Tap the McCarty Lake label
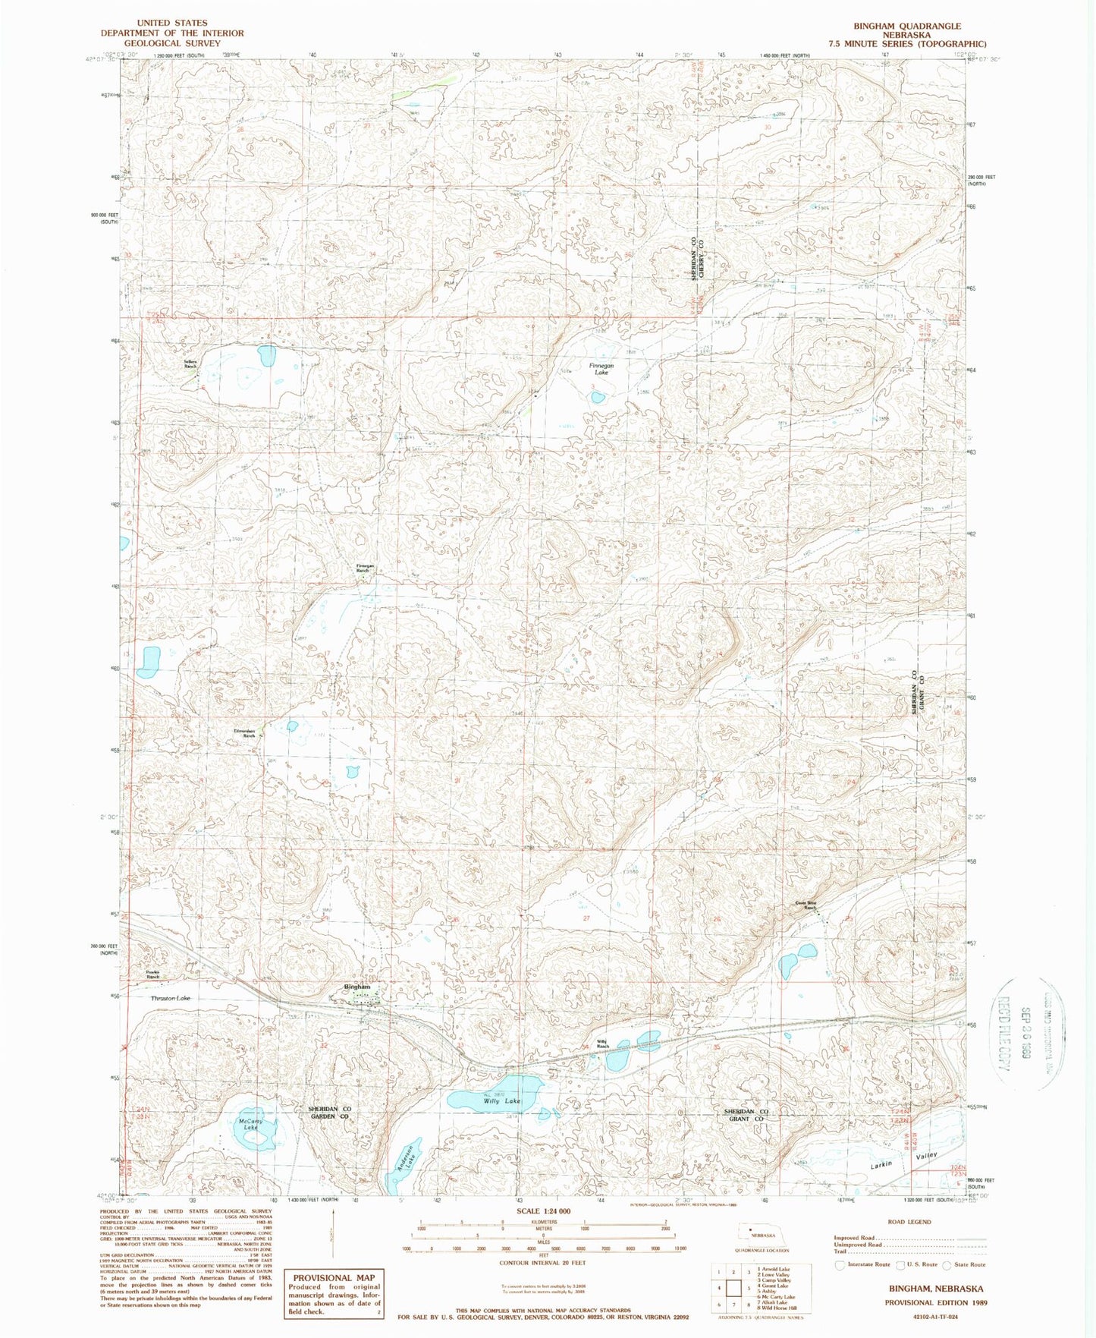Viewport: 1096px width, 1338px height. [250, 1124]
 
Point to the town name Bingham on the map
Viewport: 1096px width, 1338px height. [357, 987]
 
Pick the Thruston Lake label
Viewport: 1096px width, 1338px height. [170, 998]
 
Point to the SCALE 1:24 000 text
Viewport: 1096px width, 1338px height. [543, 1211]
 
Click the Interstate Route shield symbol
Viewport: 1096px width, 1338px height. [840, 1264]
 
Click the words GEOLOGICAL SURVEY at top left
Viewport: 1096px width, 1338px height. [172, 43]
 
